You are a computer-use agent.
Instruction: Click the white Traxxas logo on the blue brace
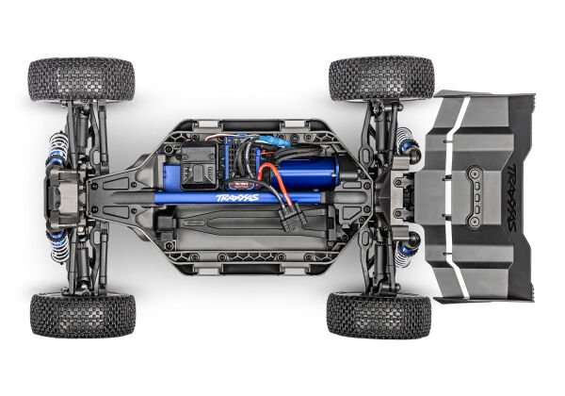click(237, 198)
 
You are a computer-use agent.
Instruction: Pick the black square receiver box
click(201, 167)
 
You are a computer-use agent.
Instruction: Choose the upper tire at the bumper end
click(81, 80)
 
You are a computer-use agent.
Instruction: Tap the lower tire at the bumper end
click(82, 314)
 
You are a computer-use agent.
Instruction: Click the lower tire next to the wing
click(379, 314)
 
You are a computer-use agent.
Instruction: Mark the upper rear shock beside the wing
click(409, 143)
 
